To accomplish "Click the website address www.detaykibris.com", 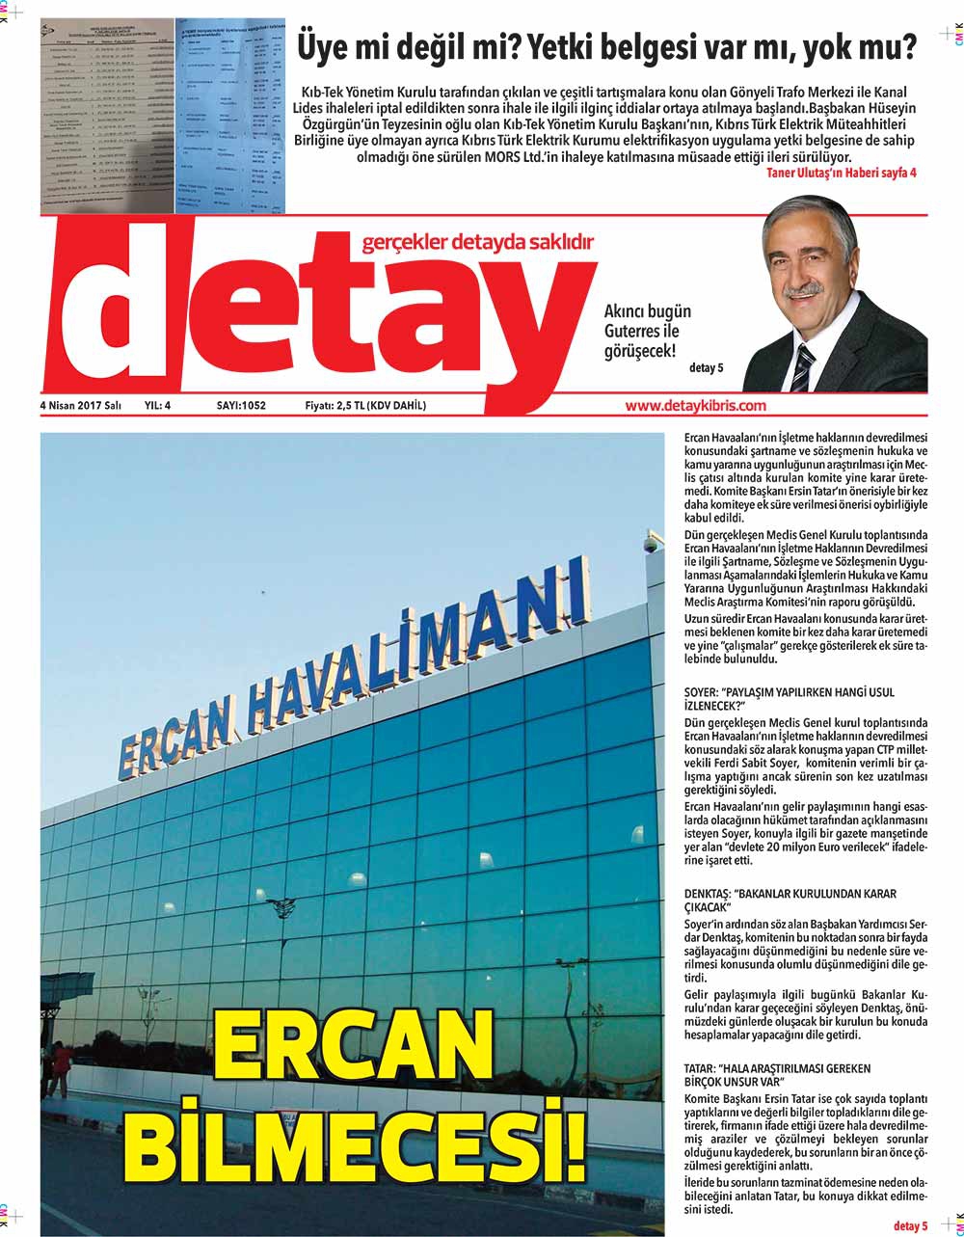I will (695, 406).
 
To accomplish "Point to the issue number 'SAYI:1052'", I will (241, 406).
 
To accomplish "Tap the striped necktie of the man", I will (803, 367).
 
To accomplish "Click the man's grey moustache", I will (802, 288).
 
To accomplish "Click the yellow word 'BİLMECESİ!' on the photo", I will (356, 1142).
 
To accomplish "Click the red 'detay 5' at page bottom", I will (910, 1226).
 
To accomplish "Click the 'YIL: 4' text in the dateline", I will (157, 406).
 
